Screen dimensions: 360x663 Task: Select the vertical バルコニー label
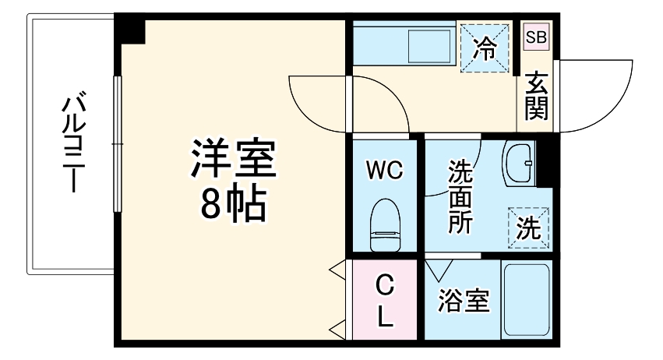coord(75,144)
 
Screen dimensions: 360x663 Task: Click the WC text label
coord(385,170)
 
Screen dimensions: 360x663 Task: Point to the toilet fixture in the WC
coord(384,225)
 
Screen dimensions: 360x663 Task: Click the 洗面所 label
coord(459,196)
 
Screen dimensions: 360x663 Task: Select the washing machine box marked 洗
coord(529,227)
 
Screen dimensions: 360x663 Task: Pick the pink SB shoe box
coord(535,37)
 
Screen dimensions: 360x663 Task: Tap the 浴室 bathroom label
coord(464,302)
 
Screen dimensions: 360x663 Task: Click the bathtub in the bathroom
coord(526,300)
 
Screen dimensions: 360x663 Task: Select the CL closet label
coord(384,300)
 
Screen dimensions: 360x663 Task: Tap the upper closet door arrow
coord(338,270)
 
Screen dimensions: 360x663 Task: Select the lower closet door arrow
coord(338,327)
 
